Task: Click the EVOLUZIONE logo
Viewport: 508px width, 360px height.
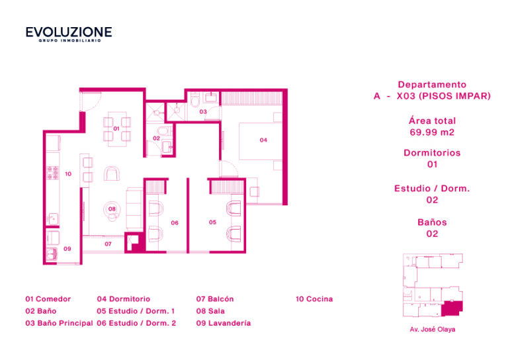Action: click(69, 34)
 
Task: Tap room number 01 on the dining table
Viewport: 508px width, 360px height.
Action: click(116, 128)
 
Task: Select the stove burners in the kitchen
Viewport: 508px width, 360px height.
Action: click(52, 173)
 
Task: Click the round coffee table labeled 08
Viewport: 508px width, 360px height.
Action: click(112, 210)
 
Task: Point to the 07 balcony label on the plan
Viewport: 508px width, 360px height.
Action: click(108, 244)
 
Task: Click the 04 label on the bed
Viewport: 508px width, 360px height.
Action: click(263, 140)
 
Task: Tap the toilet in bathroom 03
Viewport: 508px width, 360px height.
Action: click(195, 100)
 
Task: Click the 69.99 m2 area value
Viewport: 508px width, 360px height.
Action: click(432, 132)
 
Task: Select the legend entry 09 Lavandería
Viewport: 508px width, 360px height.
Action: click(224, 323)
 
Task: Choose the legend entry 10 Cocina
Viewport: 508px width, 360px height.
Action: click(314, 299)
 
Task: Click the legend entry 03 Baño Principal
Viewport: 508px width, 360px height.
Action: click(59, 323)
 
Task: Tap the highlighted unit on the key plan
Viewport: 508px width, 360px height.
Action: click(452, 308)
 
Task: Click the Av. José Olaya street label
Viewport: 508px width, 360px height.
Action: click(432, 329)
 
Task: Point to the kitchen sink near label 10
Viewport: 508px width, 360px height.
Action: click(52, 219)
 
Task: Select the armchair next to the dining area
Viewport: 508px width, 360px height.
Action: click(112, 173)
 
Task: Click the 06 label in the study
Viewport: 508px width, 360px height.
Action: click(175, 222)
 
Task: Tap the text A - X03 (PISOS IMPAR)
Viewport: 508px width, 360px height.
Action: click(432, 96)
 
